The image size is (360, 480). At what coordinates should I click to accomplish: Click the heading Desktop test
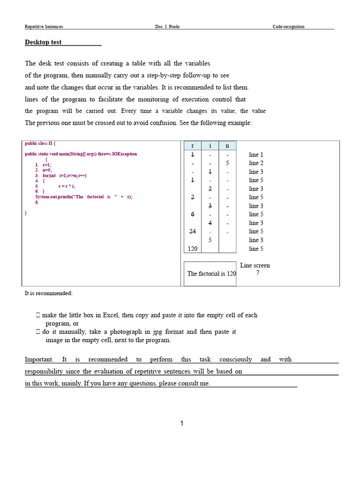[43, 42]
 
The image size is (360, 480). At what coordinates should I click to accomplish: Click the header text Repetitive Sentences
[44, 27]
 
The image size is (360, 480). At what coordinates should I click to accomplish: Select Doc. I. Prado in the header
[167, 27]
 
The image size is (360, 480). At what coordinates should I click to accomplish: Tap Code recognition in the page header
[288, 27]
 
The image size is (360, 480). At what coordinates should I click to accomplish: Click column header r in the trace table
[193, 146]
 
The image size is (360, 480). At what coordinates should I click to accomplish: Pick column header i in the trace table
[210, 146]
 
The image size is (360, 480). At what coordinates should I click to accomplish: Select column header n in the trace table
[227, 146]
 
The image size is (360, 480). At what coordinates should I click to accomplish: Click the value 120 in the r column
[193, 249]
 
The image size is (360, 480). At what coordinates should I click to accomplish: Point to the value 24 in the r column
[193, 232]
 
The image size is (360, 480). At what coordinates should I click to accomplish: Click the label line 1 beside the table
[256, 155]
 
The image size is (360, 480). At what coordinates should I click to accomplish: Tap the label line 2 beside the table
[256, 163]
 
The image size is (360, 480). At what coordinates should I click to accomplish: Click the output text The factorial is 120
[211, 274]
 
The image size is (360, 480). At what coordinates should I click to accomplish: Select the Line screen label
[255, 265]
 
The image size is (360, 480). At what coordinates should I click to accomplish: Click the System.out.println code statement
[84, 197]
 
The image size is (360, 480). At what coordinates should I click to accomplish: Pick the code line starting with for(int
[65, 176]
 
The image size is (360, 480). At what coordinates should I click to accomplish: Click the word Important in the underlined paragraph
[38, 360]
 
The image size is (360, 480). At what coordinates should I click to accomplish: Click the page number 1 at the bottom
[182, 424]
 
